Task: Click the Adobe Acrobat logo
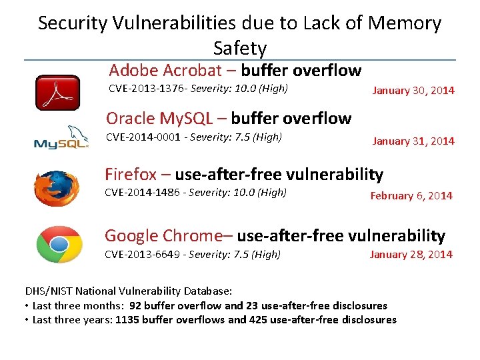pos(57,93)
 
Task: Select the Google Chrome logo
pos(59,245)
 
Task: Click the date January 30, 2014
pos(413,91)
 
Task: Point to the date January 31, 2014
pos(413,141)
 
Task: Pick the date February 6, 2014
pos(411,196)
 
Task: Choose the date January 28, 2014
pos(411,255)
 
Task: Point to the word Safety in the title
pos(240,48)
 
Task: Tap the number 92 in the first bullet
pos(136,306)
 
